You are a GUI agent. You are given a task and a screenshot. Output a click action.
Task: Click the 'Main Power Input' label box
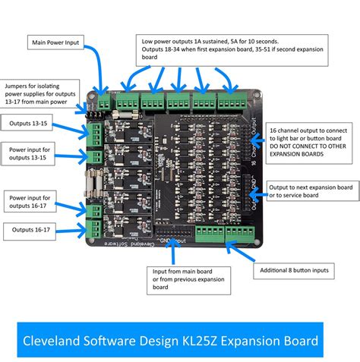tap(55, 42)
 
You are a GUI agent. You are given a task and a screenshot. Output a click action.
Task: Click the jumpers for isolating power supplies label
tap(38, 94)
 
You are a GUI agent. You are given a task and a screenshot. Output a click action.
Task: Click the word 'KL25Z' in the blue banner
tap(219, 335)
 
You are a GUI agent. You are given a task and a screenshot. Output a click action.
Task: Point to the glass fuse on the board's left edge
tap(93, 183)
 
